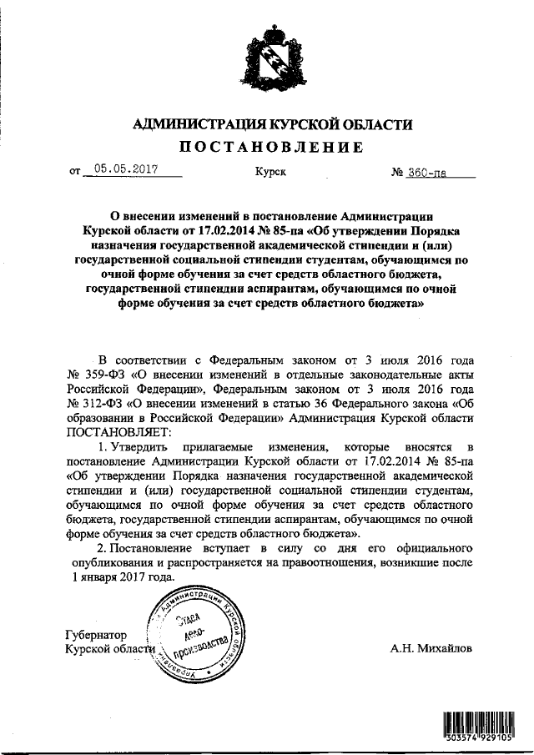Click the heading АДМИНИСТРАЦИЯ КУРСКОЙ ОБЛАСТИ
(267, 124)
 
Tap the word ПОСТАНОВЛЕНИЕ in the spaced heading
(267, 148)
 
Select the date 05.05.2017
(127, 170)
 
